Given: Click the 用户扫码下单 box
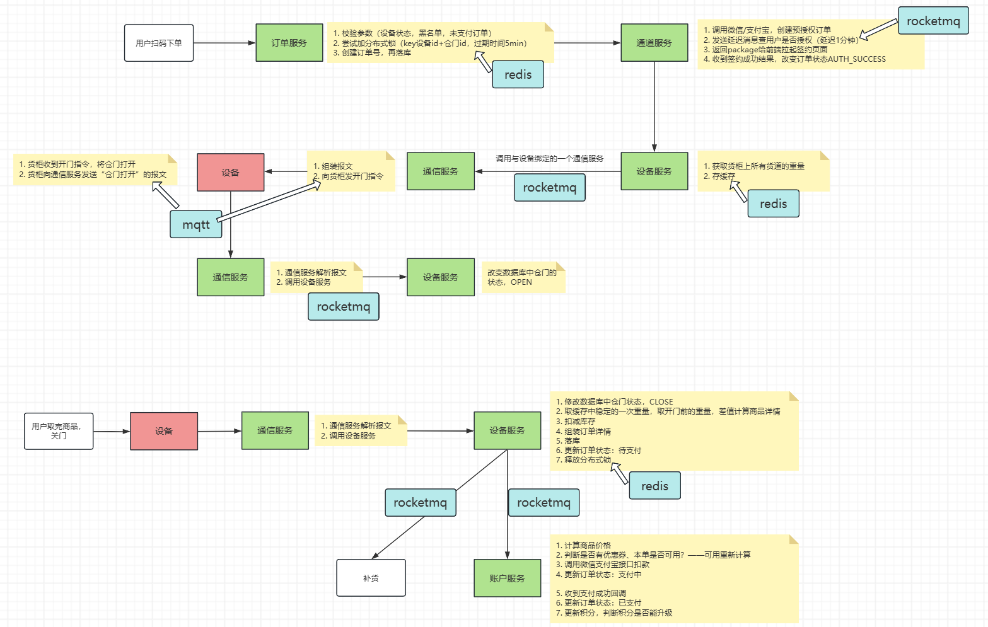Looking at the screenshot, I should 159,43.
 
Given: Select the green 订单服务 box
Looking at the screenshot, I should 289,43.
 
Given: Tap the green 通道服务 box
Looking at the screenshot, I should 654,43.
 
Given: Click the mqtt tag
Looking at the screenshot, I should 195,224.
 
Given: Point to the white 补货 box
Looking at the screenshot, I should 371,578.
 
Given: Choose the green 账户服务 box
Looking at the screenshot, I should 507,578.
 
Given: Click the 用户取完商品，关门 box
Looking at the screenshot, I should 59,431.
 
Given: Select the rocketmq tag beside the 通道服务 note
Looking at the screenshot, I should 933,21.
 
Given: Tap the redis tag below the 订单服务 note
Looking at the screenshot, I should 518,74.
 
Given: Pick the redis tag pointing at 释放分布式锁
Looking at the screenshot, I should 654,486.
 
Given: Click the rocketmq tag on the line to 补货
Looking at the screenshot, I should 420,502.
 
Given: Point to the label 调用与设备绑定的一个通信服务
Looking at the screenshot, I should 549,159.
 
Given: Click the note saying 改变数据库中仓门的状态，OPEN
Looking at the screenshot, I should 523,277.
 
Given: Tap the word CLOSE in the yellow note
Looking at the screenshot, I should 661,401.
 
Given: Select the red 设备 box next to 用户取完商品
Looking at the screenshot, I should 164,431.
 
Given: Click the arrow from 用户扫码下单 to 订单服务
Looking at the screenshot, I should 224,43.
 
